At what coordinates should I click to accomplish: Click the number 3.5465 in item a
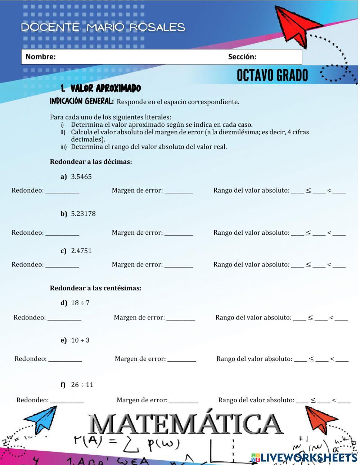click(81, 176)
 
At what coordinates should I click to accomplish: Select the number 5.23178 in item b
click(83, 214)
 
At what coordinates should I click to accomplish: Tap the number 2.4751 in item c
click(81, 251)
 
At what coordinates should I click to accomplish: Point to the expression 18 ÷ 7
click(80, 303)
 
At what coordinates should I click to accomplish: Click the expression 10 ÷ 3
click(80, 340)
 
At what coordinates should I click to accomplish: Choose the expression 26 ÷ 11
click(82, 385)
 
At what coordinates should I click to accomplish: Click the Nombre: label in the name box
click(40, 57)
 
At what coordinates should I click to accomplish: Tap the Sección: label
click(242, 57)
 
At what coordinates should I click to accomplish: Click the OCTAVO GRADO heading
click(272, 76)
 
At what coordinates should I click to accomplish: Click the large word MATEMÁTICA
click(185, 424)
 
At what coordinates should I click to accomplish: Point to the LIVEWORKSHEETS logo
click(304, 457)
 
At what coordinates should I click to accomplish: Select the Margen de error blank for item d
click(181, 319)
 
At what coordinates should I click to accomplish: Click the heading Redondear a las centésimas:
click(95, 288)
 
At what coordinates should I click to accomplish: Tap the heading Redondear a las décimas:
click(91, 162)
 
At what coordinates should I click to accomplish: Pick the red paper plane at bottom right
click(320, 419)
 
